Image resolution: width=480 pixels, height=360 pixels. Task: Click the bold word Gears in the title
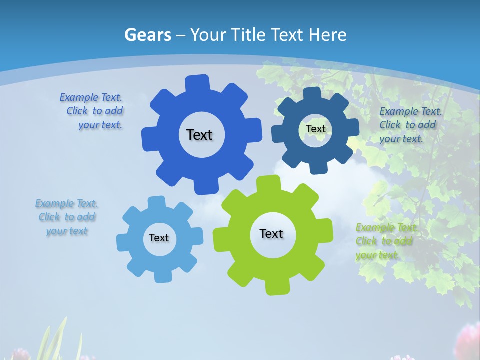pyautogui.click(x=147, y=35)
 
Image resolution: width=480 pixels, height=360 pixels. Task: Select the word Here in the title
pyautogui.click(x=327, y=35)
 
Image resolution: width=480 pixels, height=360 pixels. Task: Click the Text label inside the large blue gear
pyautogui.click(x=199, y=135)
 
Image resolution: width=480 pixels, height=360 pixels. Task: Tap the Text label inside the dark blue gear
pyautogui.click(x=315, y=129)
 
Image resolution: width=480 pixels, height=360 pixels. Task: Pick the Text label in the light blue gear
pyautogui.click(x=159, y=238)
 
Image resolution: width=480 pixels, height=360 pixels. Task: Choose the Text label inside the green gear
pyautogui.click(x=271, y=233)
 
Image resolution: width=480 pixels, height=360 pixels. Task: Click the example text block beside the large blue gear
pyautogui.click(x=93, y=111)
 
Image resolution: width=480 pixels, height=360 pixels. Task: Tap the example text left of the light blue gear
pyautogui.click(x=67, y=217)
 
